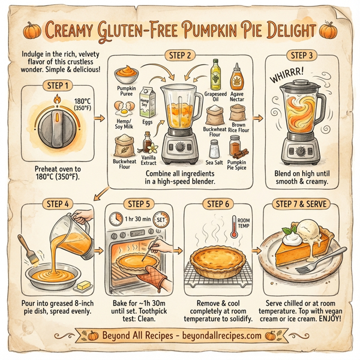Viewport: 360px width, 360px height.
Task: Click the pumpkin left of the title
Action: tap(30, 29)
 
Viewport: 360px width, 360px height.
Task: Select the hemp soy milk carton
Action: tap(147, 103)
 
